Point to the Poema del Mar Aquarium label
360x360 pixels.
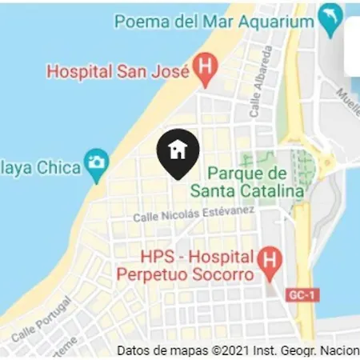[x=214, y=22]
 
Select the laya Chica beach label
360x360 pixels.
[x=40, y=168]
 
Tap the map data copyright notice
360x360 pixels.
[x=238, y=350]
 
